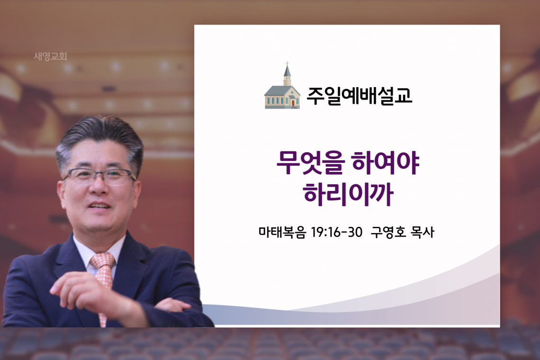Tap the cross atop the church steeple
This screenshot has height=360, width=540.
[287, 64]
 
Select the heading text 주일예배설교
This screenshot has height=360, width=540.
[359, 96]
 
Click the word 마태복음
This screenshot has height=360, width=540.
[282, 232]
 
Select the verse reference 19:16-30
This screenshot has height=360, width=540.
[336, 232]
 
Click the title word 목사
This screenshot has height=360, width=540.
[423, 232]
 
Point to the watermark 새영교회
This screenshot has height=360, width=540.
[51, 56]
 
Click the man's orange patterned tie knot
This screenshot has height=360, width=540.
[102, 261]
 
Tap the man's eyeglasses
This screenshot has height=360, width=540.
[99, 176]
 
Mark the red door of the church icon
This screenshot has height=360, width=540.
[293, 103]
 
